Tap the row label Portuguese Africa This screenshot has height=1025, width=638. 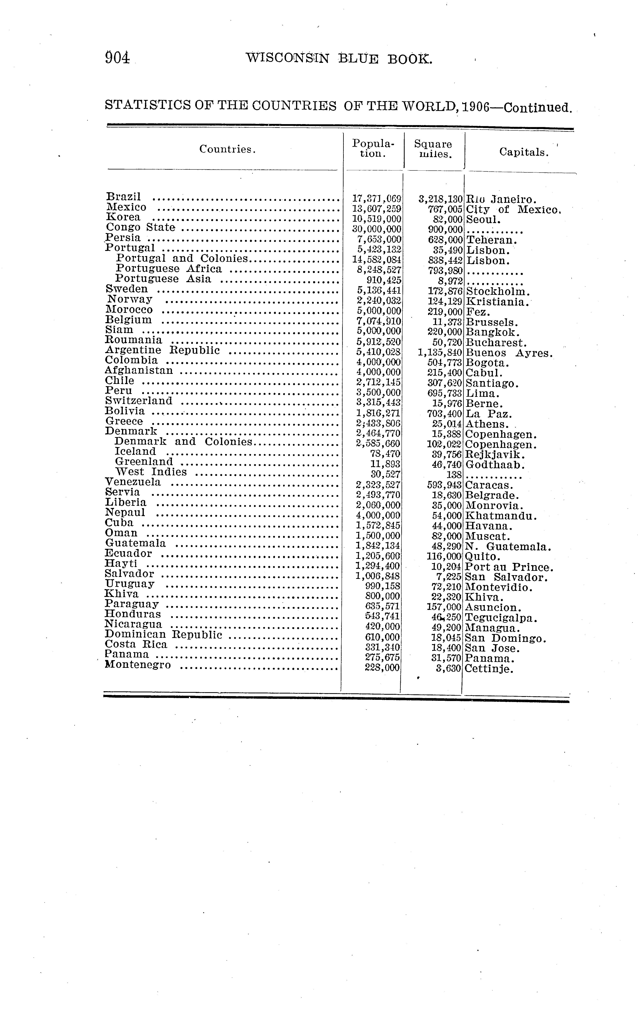169,269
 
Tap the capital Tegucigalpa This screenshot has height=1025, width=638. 501,618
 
